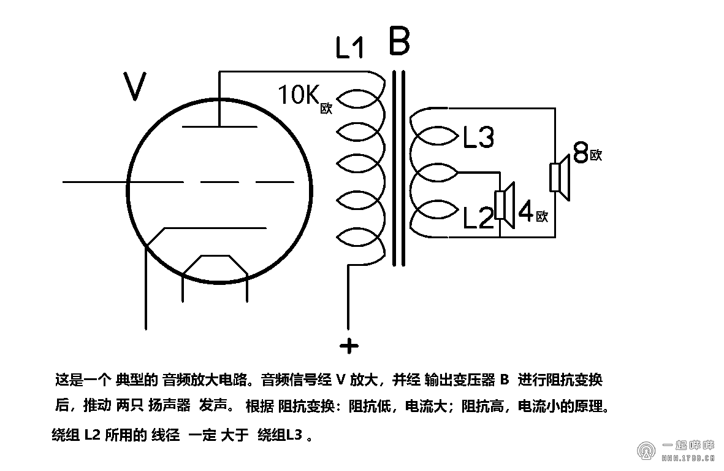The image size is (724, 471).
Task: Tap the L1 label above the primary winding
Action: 350,49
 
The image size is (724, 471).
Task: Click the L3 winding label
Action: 478,138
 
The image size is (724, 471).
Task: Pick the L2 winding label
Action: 478,218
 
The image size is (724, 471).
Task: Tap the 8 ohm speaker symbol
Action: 560,176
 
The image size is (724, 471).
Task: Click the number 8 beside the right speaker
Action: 580,152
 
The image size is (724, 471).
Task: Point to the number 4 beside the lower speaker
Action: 526,211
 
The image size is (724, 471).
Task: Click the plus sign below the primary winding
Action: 349,346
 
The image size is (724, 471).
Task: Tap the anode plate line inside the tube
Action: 219,127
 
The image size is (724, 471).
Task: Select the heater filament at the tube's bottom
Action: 215,264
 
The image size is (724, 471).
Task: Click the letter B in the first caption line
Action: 504,380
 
